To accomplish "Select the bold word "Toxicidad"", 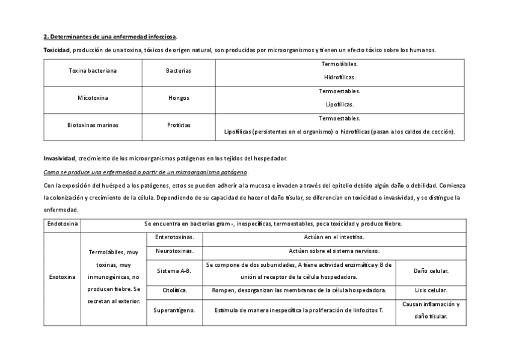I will pyautogui.click(x=57, y=50).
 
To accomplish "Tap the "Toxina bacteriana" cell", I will pyautogui.click(x=93, y=71).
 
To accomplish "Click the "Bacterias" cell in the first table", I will pyautogui.click(x=179, y=71).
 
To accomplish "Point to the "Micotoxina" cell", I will pyautogui.click(x=93, y=97).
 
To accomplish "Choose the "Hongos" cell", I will pyautogui.click(x=179, y=97).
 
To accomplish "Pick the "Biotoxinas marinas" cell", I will pyautogui.click(x=93, y=125).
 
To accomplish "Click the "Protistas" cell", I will pyautogui.click(x=179, y=125).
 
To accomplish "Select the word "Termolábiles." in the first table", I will pyautogui.click(x=339, y=64).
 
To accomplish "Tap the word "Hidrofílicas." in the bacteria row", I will pyautogui.click(x=339, y=77).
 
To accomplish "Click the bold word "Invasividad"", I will pyautogui.click(x=59, y=158).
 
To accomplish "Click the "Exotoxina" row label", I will pyautogui.click(x=62, y=277).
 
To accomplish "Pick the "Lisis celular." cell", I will pyautogui.click(x=431, y=290).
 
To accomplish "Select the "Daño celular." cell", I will pyautogui.click(x=431, y=271).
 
